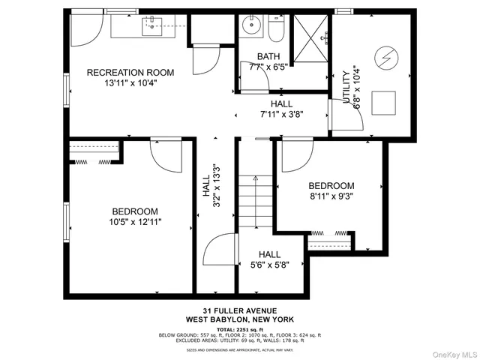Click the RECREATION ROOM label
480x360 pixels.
(130, 73)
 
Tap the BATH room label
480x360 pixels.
(268, 56)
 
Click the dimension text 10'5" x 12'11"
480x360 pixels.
(136, 222)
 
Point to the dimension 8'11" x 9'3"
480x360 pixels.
(331, 196)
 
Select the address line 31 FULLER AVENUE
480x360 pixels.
(239, 310)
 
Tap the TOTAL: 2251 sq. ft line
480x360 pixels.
(239, 328)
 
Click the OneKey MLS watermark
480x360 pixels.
(451, 352)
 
